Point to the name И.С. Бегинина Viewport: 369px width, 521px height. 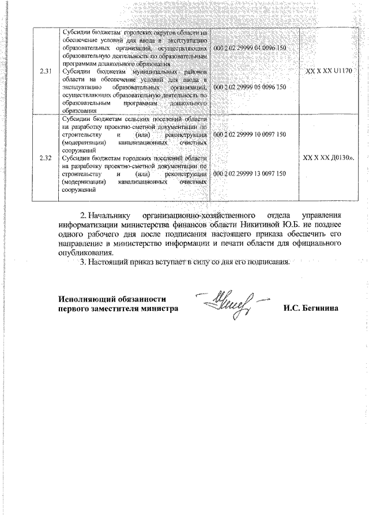pos(310,308)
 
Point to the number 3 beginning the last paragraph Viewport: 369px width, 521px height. pos(82,263)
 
